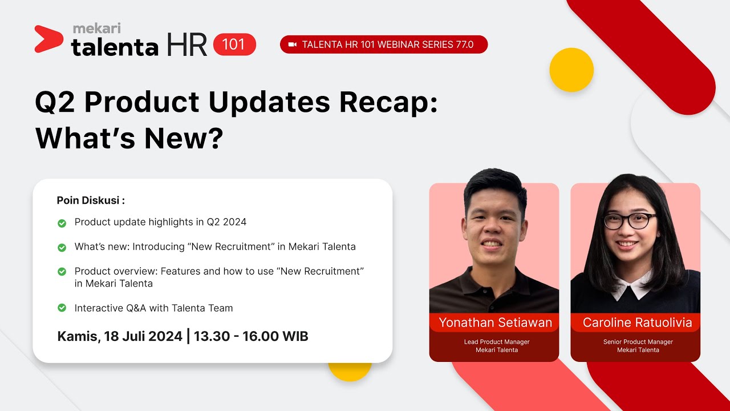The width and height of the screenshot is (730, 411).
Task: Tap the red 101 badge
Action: point(234,45)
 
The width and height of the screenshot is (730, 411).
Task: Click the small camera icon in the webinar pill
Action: point(293,45)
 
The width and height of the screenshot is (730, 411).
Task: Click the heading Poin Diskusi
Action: point(91,200)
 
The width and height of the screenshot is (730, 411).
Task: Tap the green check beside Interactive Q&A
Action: point(62,308)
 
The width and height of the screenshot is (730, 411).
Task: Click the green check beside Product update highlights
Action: point(62,223)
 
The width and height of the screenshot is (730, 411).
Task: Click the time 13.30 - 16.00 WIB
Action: point(251,336)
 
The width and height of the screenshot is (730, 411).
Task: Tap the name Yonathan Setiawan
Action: point(494,323)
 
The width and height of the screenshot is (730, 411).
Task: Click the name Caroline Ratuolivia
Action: point(637,323)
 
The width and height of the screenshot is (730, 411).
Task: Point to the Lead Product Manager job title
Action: point(497,342)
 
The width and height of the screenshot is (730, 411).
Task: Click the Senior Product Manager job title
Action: point(638,342)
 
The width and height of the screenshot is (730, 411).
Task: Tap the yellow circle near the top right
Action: point(571,70)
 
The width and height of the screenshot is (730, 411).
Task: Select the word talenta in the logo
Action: point(115,47)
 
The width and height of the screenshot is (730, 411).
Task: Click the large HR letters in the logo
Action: point(187,45)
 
